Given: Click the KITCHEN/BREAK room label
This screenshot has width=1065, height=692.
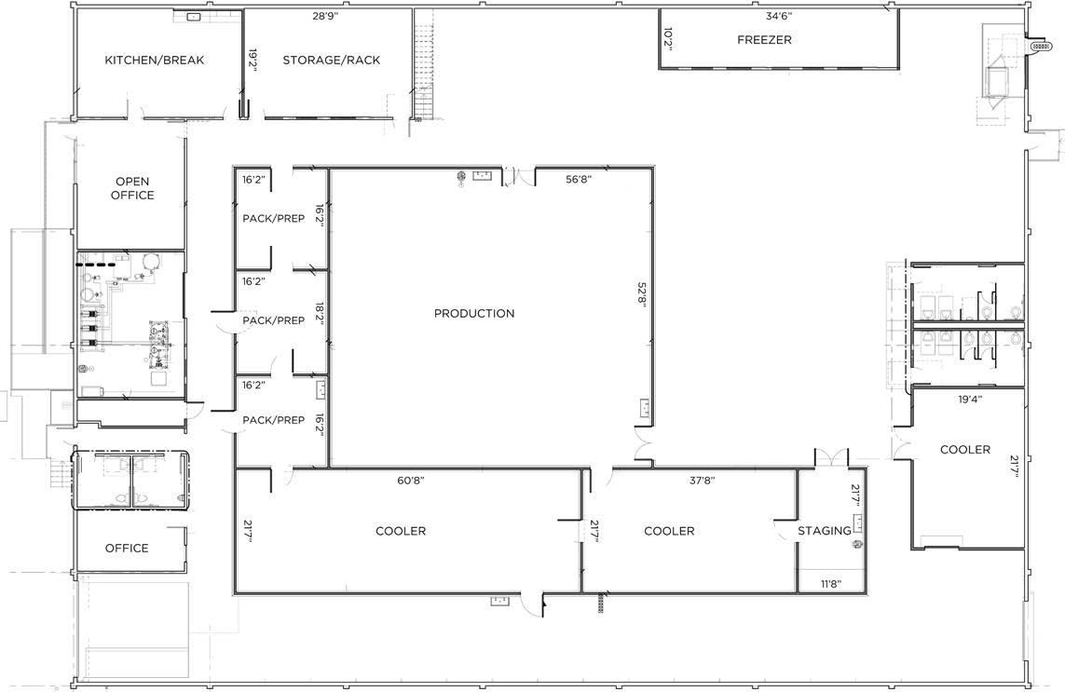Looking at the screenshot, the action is (x=154, y=60).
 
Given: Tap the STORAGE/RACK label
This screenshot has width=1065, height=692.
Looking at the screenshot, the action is (x=332, y=60).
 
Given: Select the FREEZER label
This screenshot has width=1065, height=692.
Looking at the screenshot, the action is (x=764, y=39).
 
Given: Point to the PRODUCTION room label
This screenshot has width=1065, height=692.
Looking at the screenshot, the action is (x=474, y=313).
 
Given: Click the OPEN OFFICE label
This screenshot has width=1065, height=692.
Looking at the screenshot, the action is (x=132, y=188).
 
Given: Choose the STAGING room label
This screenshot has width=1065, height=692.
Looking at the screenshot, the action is (x=824, y=530).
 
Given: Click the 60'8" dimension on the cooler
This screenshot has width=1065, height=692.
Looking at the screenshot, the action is (x=410, y=481).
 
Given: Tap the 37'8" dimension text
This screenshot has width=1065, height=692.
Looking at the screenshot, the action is (x=703, y=481).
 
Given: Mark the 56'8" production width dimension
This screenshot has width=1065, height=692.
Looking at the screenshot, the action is (x=579, y=179).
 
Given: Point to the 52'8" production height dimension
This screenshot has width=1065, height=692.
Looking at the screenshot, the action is (x=642, y=295).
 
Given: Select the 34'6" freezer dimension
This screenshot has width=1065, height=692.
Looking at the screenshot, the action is (x=779, y=16).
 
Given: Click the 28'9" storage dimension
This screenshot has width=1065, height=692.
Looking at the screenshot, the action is (x=325, y=16).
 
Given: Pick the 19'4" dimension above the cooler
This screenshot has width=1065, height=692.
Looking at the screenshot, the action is (x=970, y=400).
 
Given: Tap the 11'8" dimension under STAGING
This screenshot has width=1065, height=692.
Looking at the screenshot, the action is (x=831, y=583).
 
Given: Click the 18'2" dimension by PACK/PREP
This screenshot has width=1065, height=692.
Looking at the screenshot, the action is (x=320, y=317).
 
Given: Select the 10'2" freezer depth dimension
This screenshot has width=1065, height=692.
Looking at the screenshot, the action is (x=667, y=39).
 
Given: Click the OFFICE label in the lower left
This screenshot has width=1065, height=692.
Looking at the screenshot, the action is (x=127, y=548).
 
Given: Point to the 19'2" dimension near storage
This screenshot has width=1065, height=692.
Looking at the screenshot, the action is (x=252, y=60).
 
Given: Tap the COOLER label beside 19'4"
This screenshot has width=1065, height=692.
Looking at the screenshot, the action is (x=965, y=450).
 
